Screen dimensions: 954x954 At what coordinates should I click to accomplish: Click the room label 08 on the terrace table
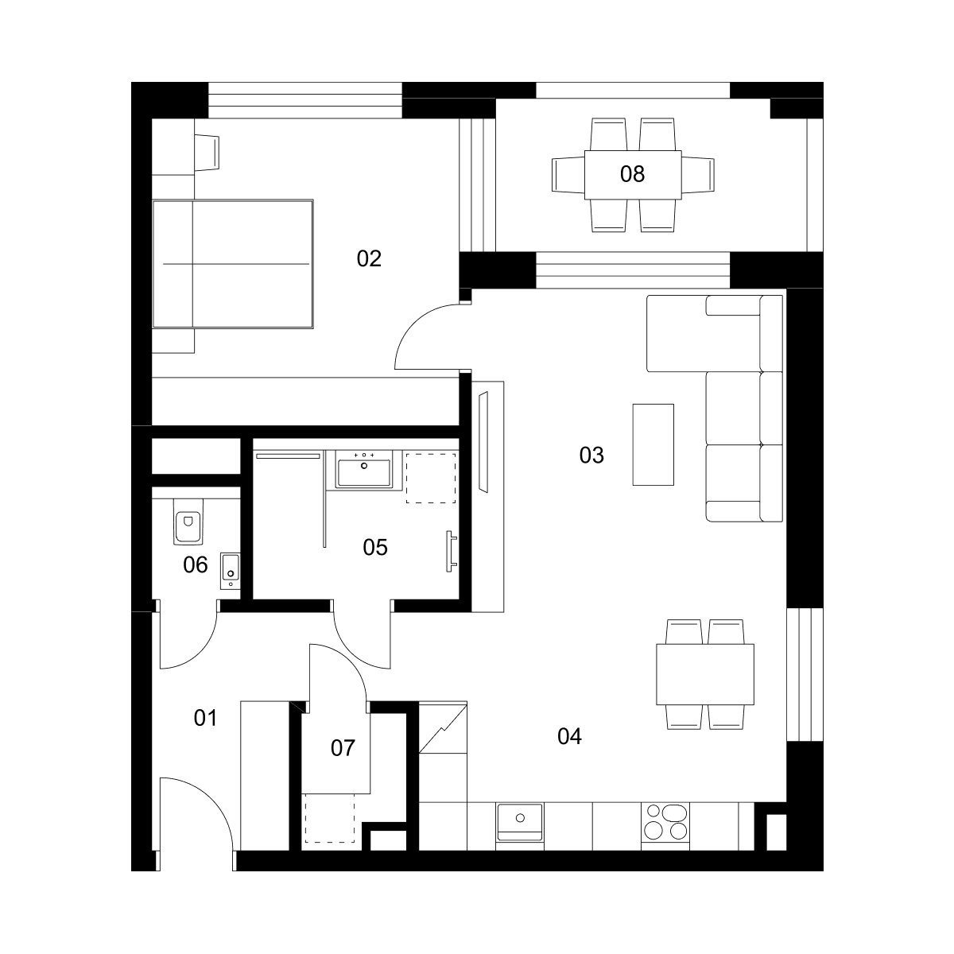[x=632, y=174]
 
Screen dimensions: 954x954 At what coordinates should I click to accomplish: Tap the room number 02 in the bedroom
[x=369, y=259]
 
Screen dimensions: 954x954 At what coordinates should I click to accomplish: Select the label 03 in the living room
[x=591, y=456]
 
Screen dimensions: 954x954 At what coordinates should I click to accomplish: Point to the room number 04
[x=569, y=737]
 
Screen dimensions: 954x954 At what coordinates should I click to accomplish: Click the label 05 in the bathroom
[x=374, y=548]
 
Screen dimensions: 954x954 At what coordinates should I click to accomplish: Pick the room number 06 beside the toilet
[x=195, y=565]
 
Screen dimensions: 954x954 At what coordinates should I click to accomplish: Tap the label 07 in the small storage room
[x=343, y=749]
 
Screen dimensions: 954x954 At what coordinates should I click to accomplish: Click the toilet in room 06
[x=188, y=522]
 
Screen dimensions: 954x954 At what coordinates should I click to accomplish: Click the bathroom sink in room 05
[x=364, y=468]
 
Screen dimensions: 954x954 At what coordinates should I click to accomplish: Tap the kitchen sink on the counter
[x=520, y=822]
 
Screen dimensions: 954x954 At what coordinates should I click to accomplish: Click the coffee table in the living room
[x=653, y=444]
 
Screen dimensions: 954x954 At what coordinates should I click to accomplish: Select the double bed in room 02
[x=233, y=264]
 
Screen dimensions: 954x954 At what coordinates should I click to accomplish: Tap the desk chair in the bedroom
[x=207, y=153]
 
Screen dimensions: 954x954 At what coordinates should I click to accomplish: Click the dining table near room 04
[x=705, y=674]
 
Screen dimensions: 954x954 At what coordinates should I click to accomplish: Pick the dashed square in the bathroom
[x=431, y=479]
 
